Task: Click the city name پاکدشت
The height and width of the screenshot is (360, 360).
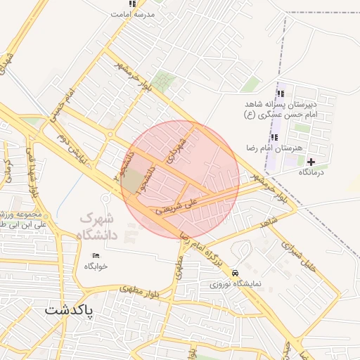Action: (x=70, y=309)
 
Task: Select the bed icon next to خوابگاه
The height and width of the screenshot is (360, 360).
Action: (x=96, y=255)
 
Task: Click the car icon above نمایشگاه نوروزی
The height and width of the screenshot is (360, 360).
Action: (x=235, y=273)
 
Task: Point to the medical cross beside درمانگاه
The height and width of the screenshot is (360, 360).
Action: (x=311, y=162)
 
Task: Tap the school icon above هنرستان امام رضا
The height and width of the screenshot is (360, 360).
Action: (x=274, y=137)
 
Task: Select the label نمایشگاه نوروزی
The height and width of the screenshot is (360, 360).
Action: (x=236, y=285)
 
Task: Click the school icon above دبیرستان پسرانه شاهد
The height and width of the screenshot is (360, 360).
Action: (x=281, y=94)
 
